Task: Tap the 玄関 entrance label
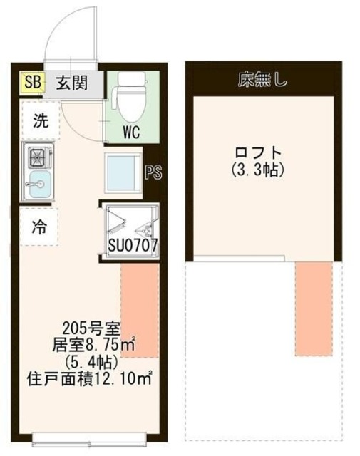(x=73, y=83)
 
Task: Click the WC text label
(x=130, y=133)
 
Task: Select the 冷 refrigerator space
(x=39, y=227)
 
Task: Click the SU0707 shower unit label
(x=132, y=247)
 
